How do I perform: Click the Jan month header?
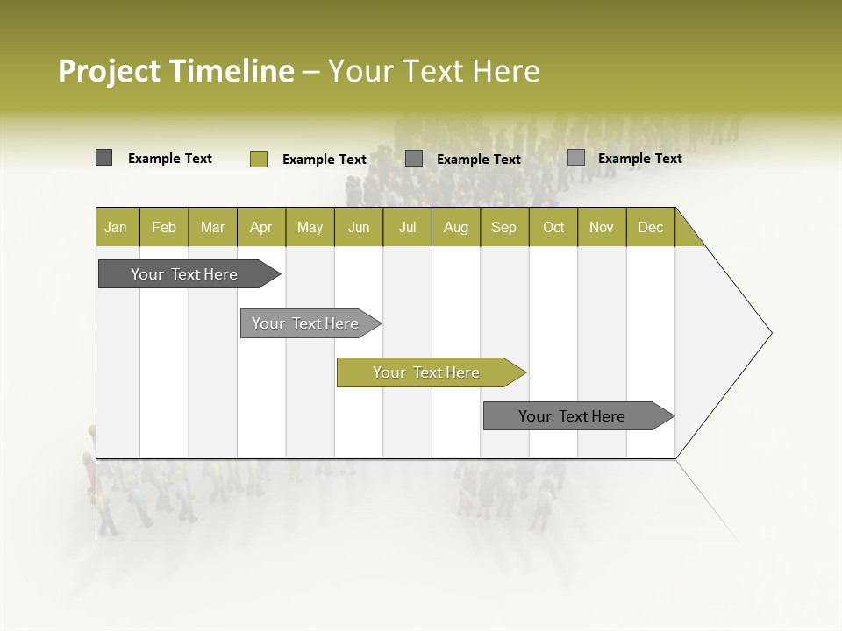click(116, 227)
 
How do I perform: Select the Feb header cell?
click(164, 227)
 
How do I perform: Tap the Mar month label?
click(212, 227)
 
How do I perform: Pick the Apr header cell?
click(261, 227)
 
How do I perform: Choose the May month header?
click(310, 227)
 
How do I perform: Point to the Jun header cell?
click(359, 227)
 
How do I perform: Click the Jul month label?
click(407, 227)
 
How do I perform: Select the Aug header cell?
click(456, 227)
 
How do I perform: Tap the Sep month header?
click(504, 227)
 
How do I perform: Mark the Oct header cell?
click(553, 227)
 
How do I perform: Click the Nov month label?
click(602, 227)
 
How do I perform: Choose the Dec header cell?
click(650, 227)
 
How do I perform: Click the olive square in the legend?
click(258, 159)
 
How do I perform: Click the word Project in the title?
click(110, 71)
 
